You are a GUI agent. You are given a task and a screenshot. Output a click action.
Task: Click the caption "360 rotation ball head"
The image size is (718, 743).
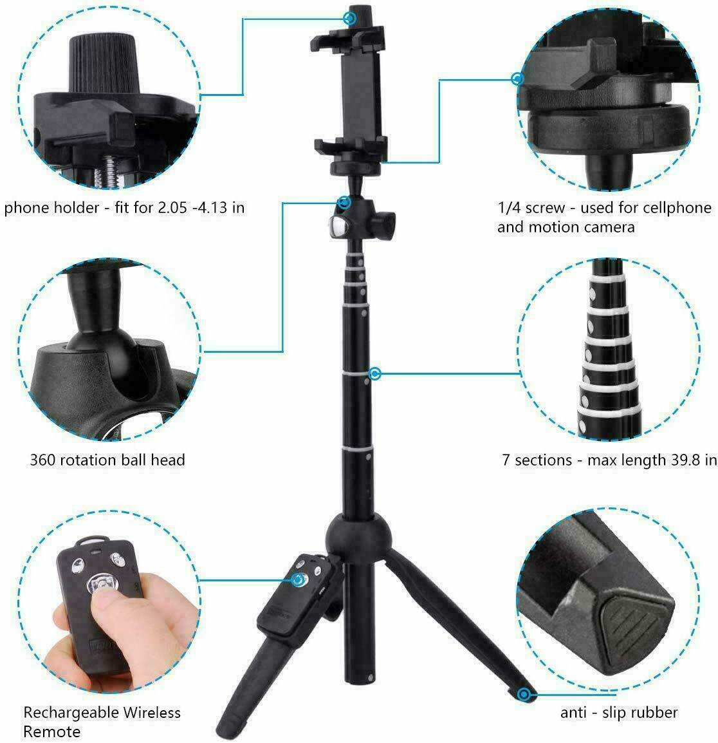click(x=107, y=460)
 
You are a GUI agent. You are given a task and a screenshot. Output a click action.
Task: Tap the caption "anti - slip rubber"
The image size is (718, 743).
click(x=619, y=713)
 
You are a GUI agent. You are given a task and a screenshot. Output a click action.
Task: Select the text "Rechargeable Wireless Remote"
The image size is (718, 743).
click(x=102, y=722)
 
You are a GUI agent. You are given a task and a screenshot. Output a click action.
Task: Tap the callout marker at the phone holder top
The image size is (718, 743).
click(x=350, y=18)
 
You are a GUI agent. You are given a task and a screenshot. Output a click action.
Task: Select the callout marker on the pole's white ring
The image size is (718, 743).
click(x=375, y=373)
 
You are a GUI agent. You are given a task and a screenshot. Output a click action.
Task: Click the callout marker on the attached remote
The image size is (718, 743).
click(x=299, y=581)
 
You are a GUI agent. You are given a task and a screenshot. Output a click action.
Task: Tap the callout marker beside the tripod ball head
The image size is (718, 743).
click(x=345, y=203)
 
